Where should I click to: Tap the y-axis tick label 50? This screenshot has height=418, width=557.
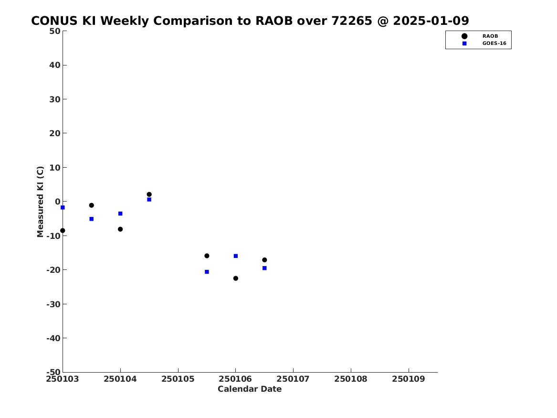(55, 31)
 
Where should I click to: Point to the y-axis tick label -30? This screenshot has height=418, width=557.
(53, 304)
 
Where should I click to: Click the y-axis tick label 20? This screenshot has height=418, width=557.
(55, 133)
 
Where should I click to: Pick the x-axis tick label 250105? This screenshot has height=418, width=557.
(178, 379)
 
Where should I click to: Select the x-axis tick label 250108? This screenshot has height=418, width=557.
(351, 379)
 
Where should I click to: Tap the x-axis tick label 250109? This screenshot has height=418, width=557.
(409, 379)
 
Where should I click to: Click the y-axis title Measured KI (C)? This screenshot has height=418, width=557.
(40, 202)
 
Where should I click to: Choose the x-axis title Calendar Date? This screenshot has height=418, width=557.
(250, 389)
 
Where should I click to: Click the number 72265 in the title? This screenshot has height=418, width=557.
(352, 21)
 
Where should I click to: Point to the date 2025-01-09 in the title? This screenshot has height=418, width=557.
(431, 21)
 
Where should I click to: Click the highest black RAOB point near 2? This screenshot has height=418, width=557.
(149, 194)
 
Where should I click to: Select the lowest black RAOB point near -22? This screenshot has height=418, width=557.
(235, 279)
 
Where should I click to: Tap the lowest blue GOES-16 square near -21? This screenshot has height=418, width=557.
(207, 272)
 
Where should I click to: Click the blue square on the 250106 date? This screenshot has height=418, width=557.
(235, 256)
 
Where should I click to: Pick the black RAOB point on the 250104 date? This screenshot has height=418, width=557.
(120, 229)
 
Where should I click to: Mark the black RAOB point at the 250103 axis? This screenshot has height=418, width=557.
(63, 231)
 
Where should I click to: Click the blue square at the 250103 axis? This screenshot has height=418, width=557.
(63, 208)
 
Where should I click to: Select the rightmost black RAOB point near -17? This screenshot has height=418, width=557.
(264, 260)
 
